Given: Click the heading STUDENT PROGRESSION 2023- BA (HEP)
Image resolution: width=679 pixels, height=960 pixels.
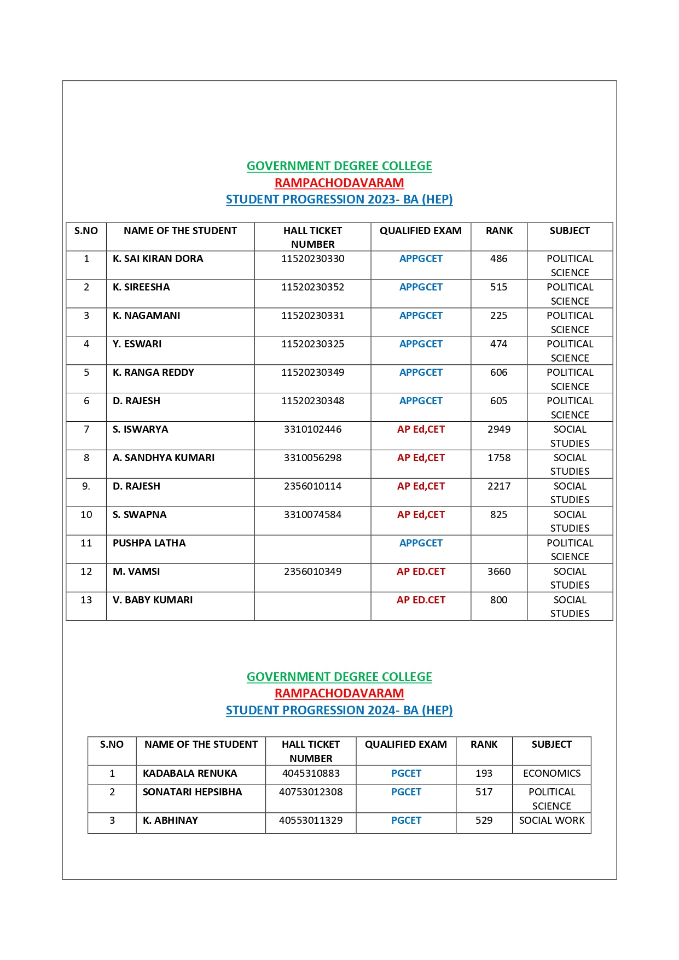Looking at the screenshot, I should click(x=339, y=200).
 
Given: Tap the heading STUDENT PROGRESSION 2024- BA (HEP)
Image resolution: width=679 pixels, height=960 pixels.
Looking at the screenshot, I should click(x=339, y=711).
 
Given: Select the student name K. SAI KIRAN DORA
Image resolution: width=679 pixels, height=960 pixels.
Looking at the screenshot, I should click(x=158, y=259).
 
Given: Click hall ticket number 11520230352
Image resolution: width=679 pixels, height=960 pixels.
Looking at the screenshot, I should click(x=312, y=287).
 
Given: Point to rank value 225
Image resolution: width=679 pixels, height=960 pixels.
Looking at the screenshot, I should click(x=498, y=316).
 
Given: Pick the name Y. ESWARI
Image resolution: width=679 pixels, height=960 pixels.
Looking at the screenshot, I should click(x=137, y=344).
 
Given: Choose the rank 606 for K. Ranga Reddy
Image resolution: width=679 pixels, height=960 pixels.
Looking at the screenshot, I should click(x=498, y=373).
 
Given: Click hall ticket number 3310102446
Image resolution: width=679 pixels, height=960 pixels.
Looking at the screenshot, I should click(x=312, y=429).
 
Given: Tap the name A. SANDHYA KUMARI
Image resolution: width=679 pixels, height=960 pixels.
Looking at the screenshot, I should click(x=164, y=458).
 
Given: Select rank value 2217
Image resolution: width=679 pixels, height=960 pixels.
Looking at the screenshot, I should click(x=498, y=486).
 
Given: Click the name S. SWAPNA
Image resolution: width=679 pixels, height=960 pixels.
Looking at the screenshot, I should click(x=140, y=515).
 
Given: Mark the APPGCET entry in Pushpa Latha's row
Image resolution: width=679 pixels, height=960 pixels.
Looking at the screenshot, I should click(x=421, y=543).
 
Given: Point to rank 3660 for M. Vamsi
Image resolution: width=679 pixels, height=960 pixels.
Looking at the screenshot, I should click(x=498, y=572).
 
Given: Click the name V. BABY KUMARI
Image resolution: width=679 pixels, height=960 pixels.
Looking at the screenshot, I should click(x=153, y=600).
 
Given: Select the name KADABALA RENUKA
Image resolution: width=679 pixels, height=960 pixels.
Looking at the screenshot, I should click(x=190, y=773).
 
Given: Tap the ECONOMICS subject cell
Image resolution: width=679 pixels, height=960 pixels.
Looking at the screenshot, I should click(x=552, y=773).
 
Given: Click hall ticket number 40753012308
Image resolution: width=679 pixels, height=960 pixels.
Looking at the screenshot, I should click(x=311, y=792).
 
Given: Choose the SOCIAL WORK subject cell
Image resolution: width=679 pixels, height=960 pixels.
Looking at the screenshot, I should click(x=552, y=821).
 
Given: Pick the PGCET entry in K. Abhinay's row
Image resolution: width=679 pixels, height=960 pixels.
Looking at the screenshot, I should click(x=406, y=821).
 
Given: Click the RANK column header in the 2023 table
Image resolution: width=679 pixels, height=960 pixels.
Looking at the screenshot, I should click(x=499, y=231).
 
